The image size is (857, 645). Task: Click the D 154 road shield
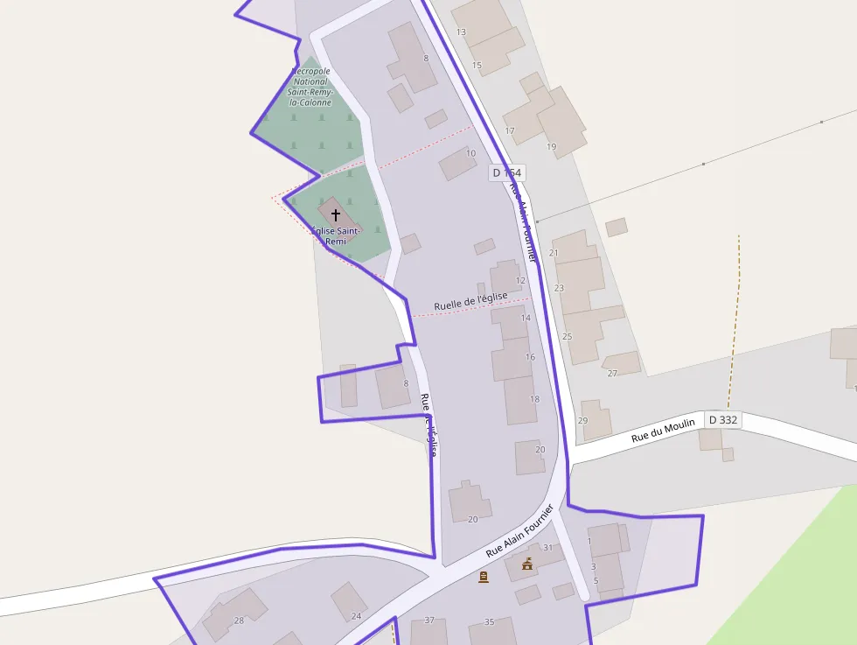506,173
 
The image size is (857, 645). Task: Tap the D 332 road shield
723,420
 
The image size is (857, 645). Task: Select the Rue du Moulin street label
663,430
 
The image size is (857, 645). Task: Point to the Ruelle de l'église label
470,301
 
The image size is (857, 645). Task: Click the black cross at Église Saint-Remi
335,214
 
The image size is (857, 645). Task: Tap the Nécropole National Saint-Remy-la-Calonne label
310,87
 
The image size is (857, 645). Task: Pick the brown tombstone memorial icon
484,577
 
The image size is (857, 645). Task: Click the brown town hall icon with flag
526,564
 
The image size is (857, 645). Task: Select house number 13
461,32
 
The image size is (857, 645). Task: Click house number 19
551,146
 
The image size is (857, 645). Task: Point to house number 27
612,374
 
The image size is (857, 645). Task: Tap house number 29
583,421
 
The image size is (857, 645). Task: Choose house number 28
239,620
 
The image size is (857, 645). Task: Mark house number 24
356,616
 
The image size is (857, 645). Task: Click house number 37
429,620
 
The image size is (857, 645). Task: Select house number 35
490,622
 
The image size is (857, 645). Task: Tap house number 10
470,153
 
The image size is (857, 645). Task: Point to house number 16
530,357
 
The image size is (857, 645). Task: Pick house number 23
559,288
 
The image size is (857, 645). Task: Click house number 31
548,548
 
